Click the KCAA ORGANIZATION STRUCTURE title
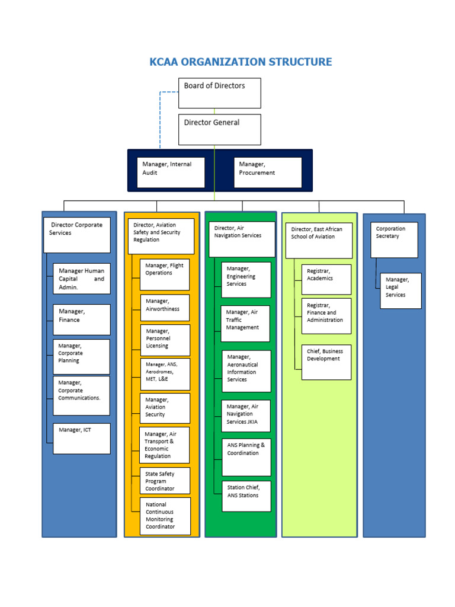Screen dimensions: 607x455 pyautogui.click(x=241, y=62)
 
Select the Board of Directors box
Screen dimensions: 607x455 pyautogui.click(x=219, y=94)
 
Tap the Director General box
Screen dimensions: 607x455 pyautogui.click(x=219, y=129)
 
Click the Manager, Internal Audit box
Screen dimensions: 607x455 pyautogui.click(x=171, y=172)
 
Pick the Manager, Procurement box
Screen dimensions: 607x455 pyautogui.click(x=268, y=172)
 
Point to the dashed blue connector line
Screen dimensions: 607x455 pyautogui.click(x=160, y=119)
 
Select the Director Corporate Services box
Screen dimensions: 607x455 pyautogui.click(x=77, y=235)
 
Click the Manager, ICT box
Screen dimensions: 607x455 pyautogui.click(x=81, y=439)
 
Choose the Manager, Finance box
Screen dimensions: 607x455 pyautogui.click(x=81, y=320)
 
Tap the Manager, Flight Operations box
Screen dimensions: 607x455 pyautogui.click(x=165, y=274)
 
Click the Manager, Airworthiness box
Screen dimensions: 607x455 pyautogui.click(x=165, y=308)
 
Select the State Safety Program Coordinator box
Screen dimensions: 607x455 pyautogui.click(x=165, y=481)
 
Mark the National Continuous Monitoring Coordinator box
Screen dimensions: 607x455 pyautogui.click(x=165, y=516)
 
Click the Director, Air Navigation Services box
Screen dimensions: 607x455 pyautogui.click(x=242, y=239)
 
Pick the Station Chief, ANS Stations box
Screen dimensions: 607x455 pyautogui.click(x=246, y=496)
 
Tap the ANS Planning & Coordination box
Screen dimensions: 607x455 pyautogui.click(x=246, y=457)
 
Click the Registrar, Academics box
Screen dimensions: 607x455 pyautogui.click(x=326, y=279)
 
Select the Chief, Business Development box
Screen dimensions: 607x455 pyautogui.click(x=326, y=362)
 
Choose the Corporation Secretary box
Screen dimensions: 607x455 pyautogui.click(x=394, y=239)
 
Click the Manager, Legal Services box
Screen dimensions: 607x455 pyautogui.click(x=400, y=290)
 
